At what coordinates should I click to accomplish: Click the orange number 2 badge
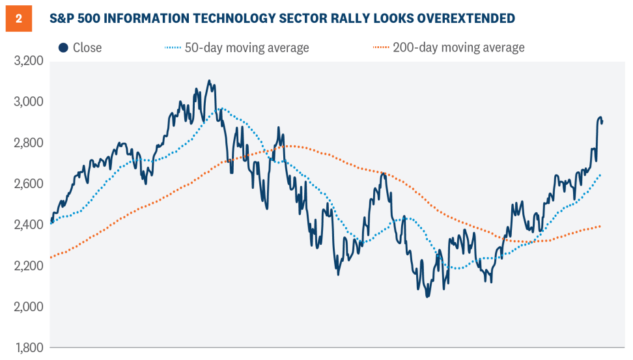(18, 18)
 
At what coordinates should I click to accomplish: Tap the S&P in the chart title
(64, 18)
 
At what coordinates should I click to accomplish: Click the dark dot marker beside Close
(63, 48)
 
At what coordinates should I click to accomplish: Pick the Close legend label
(87, 48)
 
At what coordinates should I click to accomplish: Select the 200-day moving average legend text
(459, 48)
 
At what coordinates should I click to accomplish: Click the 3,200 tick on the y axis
(28, 61)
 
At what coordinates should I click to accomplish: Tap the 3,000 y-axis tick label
(28, 102)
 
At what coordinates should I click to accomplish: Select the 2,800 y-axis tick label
(28, 143)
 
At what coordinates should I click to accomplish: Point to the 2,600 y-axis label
(28, 184)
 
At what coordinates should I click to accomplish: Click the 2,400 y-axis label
(28, 225)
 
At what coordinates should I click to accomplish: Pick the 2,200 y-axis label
(28, 266)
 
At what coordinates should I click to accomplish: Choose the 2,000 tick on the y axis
(28, 307)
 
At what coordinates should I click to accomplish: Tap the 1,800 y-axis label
(28, 348)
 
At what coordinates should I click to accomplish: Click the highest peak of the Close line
(209, 81)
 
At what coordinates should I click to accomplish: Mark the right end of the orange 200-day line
(600, 227)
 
